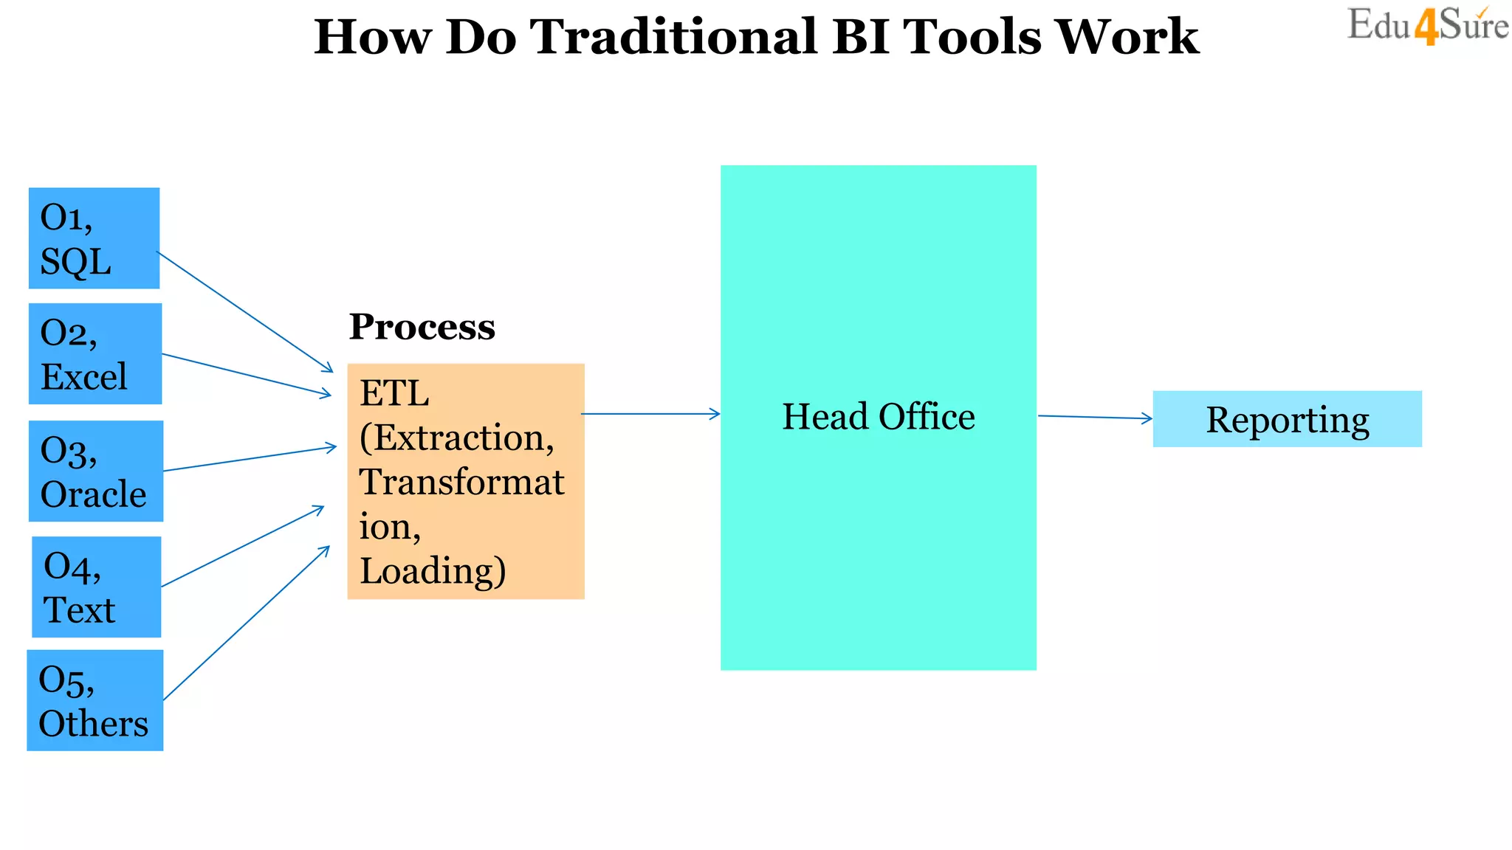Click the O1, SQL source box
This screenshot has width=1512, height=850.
coord(94,238)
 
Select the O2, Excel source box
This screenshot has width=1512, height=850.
coord(94,353)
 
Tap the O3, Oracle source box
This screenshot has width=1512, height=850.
coord(95,471)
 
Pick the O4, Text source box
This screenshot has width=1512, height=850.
coord(96,587)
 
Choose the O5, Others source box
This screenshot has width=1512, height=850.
coord(94,700)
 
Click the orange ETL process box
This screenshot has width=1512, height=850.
coord(465,481)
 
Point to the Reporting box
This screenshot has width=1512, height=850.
coord(1287,419)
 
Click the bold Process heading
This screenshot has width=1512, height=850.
coord(422,327)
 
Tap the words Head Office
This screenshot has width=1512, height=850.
coord(878,417)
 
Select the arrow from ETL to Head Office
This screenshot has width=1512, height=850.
coord(650,414)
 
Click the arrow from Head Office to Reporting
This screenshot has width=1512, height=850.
coord(1094,418)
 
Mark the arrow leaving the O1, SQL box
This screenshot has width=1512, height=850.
coord(244,311)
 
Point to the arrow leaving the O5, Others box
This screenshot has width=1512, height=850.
coord(246,623)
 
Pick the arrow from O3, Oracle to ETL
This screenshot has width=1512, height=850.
coord(249,458)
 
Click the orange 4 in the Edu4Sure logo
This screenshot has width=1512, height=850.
coord(1426,28)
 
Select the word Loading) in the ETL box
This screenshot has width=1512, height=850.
coord(433,571)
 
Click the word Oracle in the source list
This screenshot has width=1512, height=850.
coord(93,494)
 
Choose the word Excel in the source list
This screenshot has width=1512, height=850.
coord(83,377)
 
